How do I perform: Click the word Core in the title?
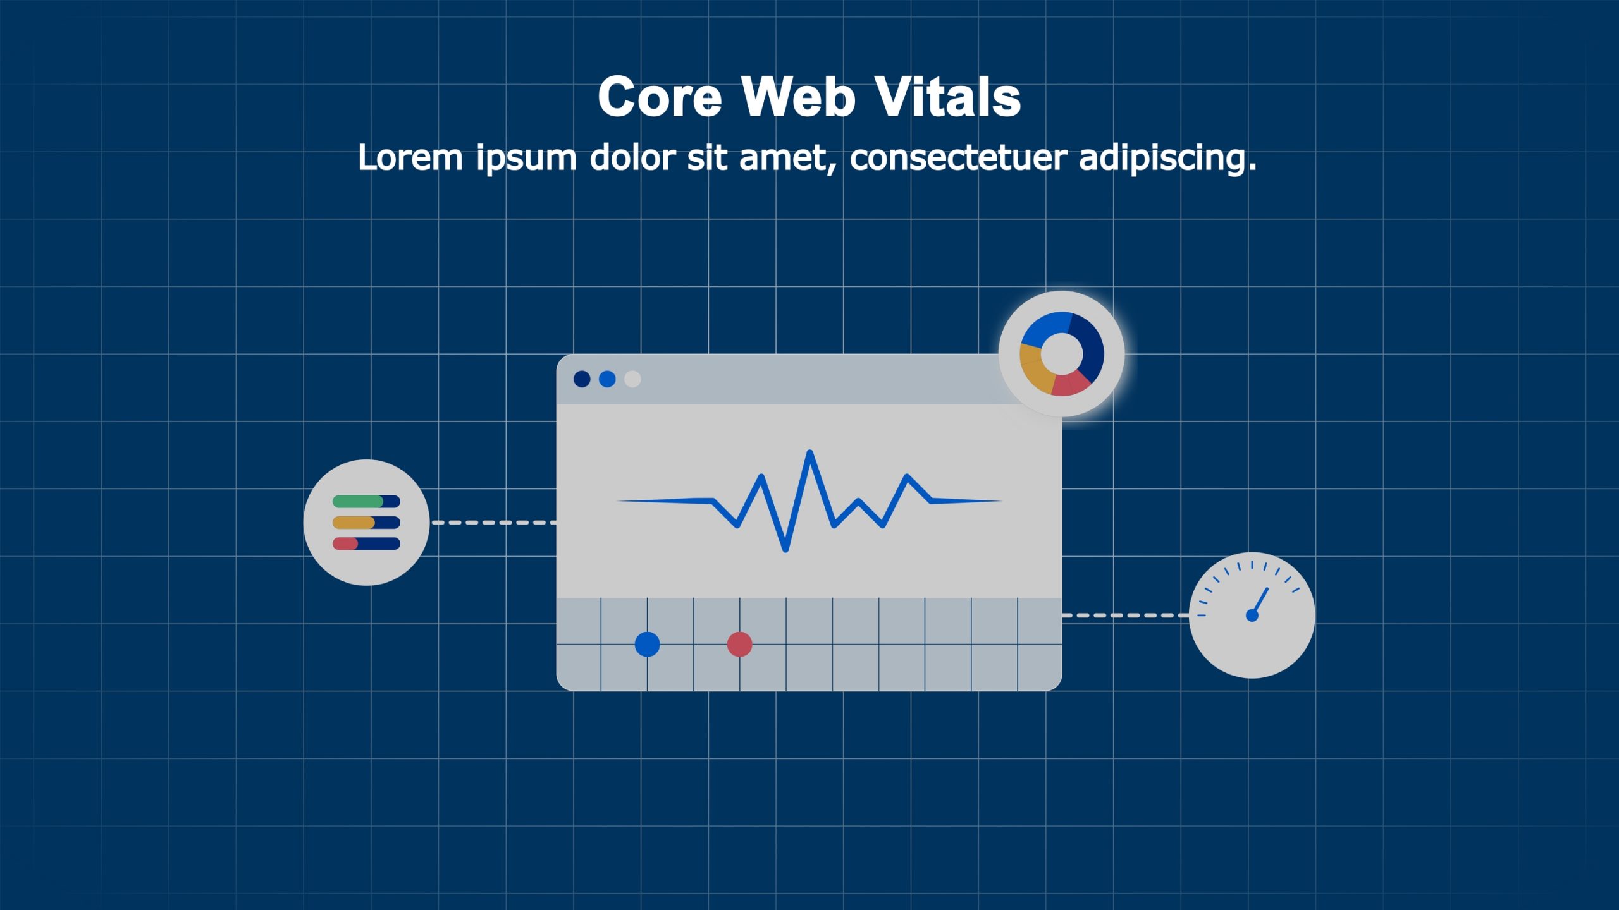point(660,97)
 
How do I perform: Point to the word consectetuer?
point(959,158)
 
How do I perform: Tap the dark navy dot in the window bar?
point(582,379)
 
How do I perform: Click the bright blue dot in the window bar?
point(607,379)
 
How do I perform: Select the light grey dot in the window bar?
point(632,379)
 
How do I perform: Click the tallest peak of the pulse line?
point(810,452)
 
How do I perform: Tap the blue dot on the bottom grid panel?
point(647,645)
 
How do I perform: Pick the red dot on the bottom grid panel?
point(739,645)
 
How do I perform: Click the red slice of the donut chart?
point(1071,383)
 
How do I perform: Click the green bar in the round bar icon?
point(358,501)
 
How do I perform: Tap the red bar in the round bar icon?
point(345,543)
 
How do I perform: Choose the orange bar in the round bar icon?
point(354,523)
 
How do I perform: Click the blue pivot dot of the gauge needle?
point(1252,615)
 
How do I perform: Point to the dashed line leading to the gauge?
point(1125,615)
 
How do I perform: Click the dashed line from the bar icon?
point(494,523)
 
